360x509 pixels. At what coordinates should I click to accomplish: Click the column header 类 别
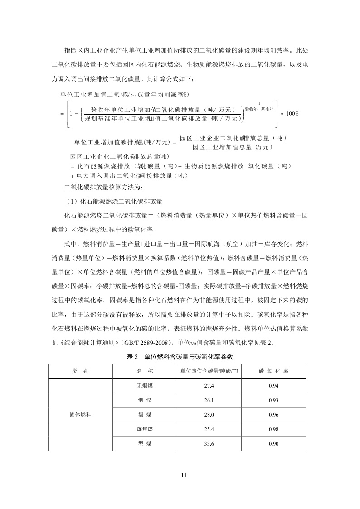pyautogui.click(x=80, y=371)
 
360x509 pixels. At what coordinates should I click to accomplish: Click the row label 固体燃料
pyautogui.click(x=80, y=414)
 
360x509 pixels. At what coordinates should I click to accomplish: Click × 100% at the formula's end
pyautogui.click(x=290, y=113)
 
